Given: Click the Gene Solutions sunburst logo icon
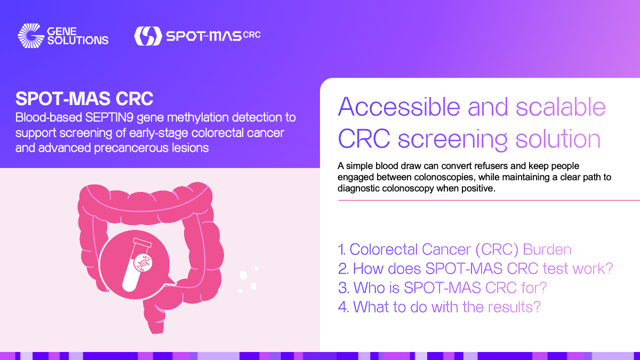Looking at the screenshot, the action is [x=31, y=36].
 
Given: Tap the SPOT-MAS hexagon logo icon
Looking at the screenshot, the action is [x=148, y=36].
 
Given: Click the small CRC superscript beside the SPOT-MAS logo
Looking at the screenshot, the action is [x=252, y=35].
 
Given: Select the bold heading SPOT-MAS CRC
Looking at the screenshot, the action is [x=84, y=99].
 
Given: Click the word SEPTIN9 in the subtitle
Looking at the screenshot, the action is [x=109, y=117].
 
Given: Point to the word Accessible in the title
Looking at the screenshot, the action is [x=399, y=107].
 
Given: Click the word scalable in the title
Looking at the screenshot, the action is [x=561, y=107].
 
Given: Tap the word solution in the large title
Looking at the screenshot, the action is [x=558, y=139].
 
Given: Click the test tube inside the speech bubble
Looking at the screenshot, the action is [x=137, y=265].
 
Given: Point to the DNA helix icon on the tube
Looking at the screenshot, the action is [x=143, y=262].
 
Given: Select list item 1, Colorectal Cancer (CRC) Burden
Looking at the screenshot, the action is [x=454, y=250].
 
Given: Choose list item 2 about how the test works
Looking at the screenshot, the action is [x=475, y=269].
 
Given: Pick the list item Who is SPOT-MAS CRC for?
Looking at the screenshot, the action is [x=442, y=287].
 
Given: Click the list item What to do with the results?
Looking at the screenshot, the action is [x=439, y=307].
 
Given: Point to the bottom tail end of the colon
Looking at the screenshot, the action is [x=157, y=331].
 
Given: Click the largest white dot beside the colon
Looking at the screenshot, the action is [x=243, y=275].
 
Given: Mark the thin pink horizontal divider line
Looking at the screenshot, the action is [x=489, y=201].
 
